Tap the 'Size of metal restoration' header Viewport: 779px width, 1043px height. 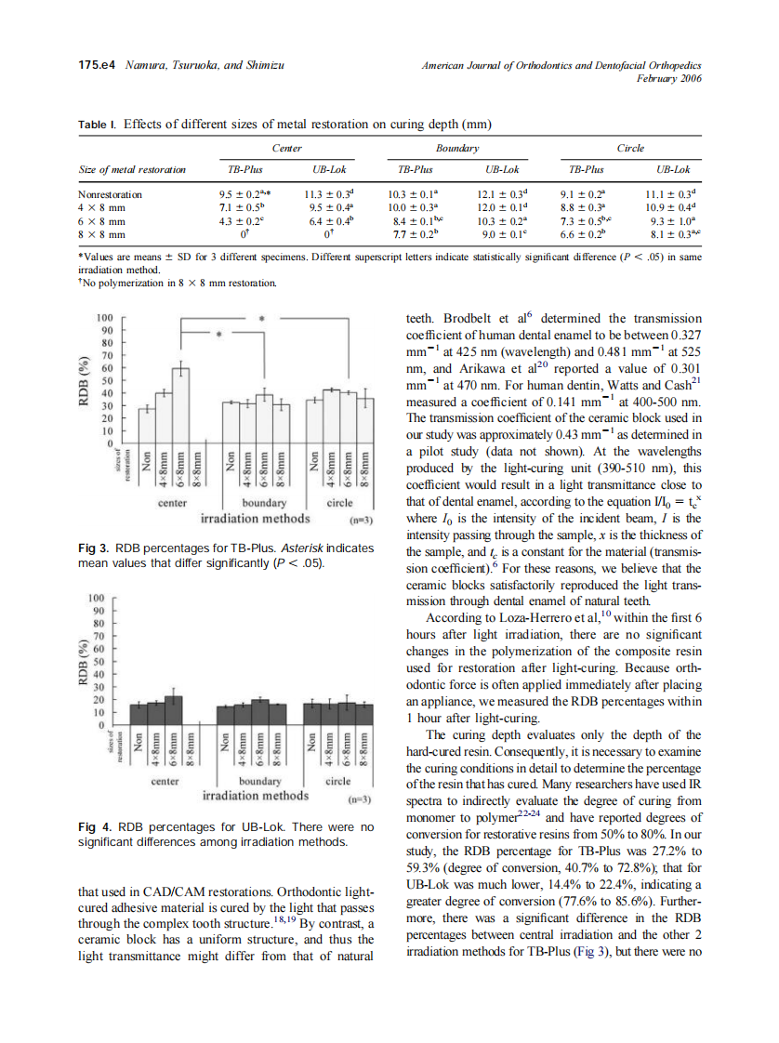[x=131, y=170]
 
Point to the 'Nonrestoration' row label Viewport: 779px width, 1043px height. [x=111, y=194]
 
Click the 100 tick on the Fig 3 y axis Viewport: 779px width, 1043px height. [x=105, y=318]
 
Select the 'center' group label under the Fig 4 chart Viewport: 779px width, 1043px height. [x=165, y=782]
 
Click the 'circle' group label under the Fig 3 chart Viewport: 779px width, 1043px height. [x=339, y=503]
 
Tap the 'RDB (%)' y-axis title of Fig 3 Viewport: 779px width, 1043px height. [x=86, y=381]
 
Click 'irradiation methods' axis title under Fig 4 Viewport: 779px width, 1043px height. [x=256, y=796]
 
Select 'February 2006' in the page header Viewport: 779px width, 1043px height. [x=668, y=78]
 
